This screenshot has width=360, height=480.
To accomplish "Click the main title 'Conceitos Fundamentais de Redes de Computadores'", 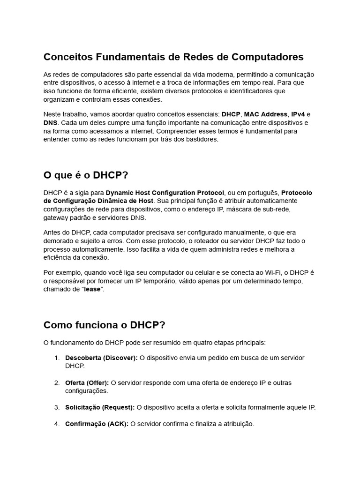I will [x=173, y=57].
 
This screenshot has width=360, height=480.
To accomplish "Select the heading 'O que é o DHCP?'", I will [x=86, y=175].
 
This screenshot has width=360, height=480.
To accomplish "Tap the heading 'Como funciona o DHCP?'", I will [x=105, y=325].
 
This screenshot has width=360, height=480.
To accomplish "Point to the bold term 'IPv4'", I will [x=298, y=114].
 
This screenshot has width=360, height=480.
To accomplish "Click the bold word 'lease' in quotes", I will [x=92, y=290].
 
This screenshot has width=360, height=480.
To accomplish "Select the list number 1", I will [x=57, y=358].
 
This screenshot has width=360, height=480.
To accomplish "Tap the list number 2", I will [x=57, y=383].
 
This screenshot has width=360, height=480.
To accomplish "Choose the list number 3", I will [x=57, y=407].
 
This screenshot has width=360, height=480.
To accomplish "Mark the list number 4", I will [x=57, y=424].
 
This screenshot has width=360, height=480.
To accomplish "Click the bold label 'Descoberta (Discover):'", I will [x=101, y=358].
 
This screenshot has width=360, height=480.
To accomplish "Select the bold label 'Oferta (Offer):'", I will [x=87, y=383].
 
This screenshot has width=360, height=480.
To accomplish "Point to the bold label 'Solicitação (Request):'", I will [x=100, y=407].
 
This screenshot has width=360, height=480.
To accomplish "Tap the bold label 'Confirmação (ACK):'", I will [x=97, y=424].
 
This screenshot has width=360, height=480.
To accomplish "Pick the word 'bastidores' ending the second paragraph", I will [x=202, y=140].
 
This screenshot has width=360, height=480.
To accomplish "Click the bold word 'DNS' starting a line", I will [x=51, y=123].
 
